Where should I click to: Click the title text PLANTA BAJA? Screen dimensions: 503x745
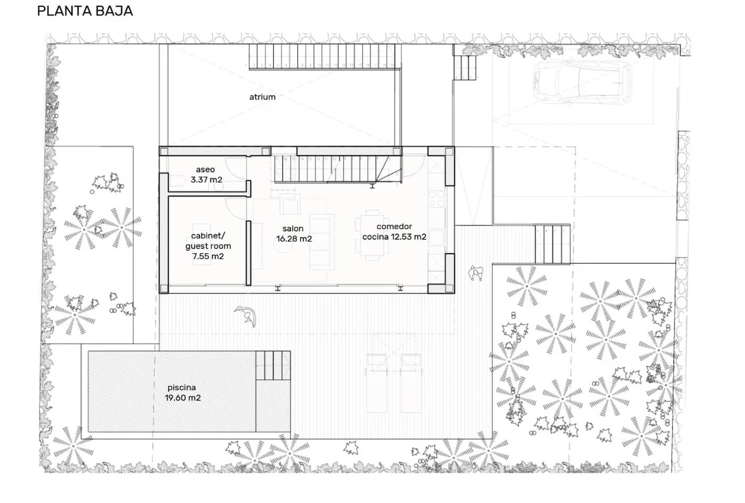[85, 11]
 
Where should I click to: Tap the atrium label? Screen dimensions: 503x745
[262, 97]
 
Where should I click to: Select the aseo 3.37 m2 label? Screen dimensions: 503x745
[206, 175]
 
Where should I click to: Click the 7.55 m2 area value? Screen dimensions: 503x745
[208, 256]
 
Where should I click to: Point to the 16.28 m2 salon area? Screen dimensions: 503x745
[294, 239]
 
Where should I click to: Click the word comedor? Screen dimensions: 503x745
[394, 227]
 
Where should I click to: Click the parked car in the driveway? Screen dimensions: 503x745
[582, 81]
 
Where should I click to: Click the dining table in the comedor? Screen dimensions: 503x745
[373, 234]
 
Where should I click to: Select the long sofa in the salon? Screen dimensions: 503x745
[322, 241]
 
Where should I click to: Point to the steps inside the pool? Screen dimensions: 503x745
[272, 365]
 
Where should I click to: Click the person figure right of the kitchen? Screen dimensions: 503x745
[475, 273]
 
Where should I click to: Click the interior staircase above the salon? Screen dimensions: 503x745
[330, 169]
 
